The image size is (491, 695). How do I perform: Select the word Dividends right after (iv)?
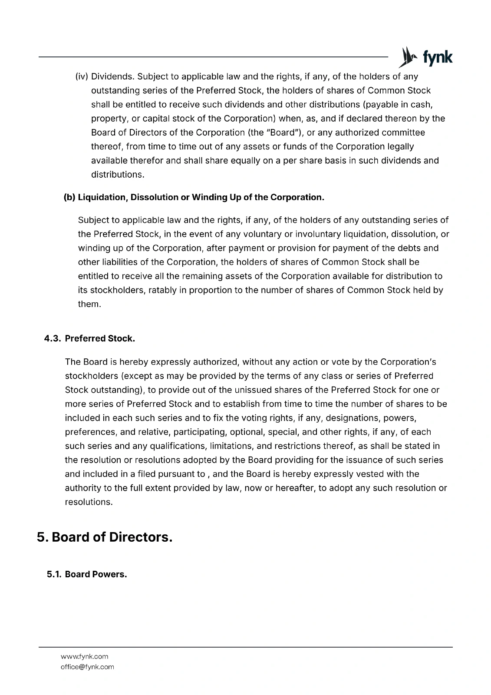[113, 77]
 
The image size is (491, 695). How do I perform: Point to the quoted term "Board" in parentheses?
[283, 132]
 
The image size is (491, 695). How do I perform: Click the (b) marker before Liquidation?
[69, 198]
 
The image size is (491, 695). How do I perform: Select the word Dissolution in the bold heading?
[154, 198]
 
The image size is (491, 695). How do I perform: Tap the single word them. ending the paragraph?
[89, 304]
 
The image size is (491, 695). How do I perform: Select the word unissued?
[250, 390]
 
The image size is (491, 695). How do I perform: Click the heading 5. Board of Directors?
[105, 537]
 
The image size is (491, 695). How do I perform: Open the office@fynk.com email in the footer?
[87, 667]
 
